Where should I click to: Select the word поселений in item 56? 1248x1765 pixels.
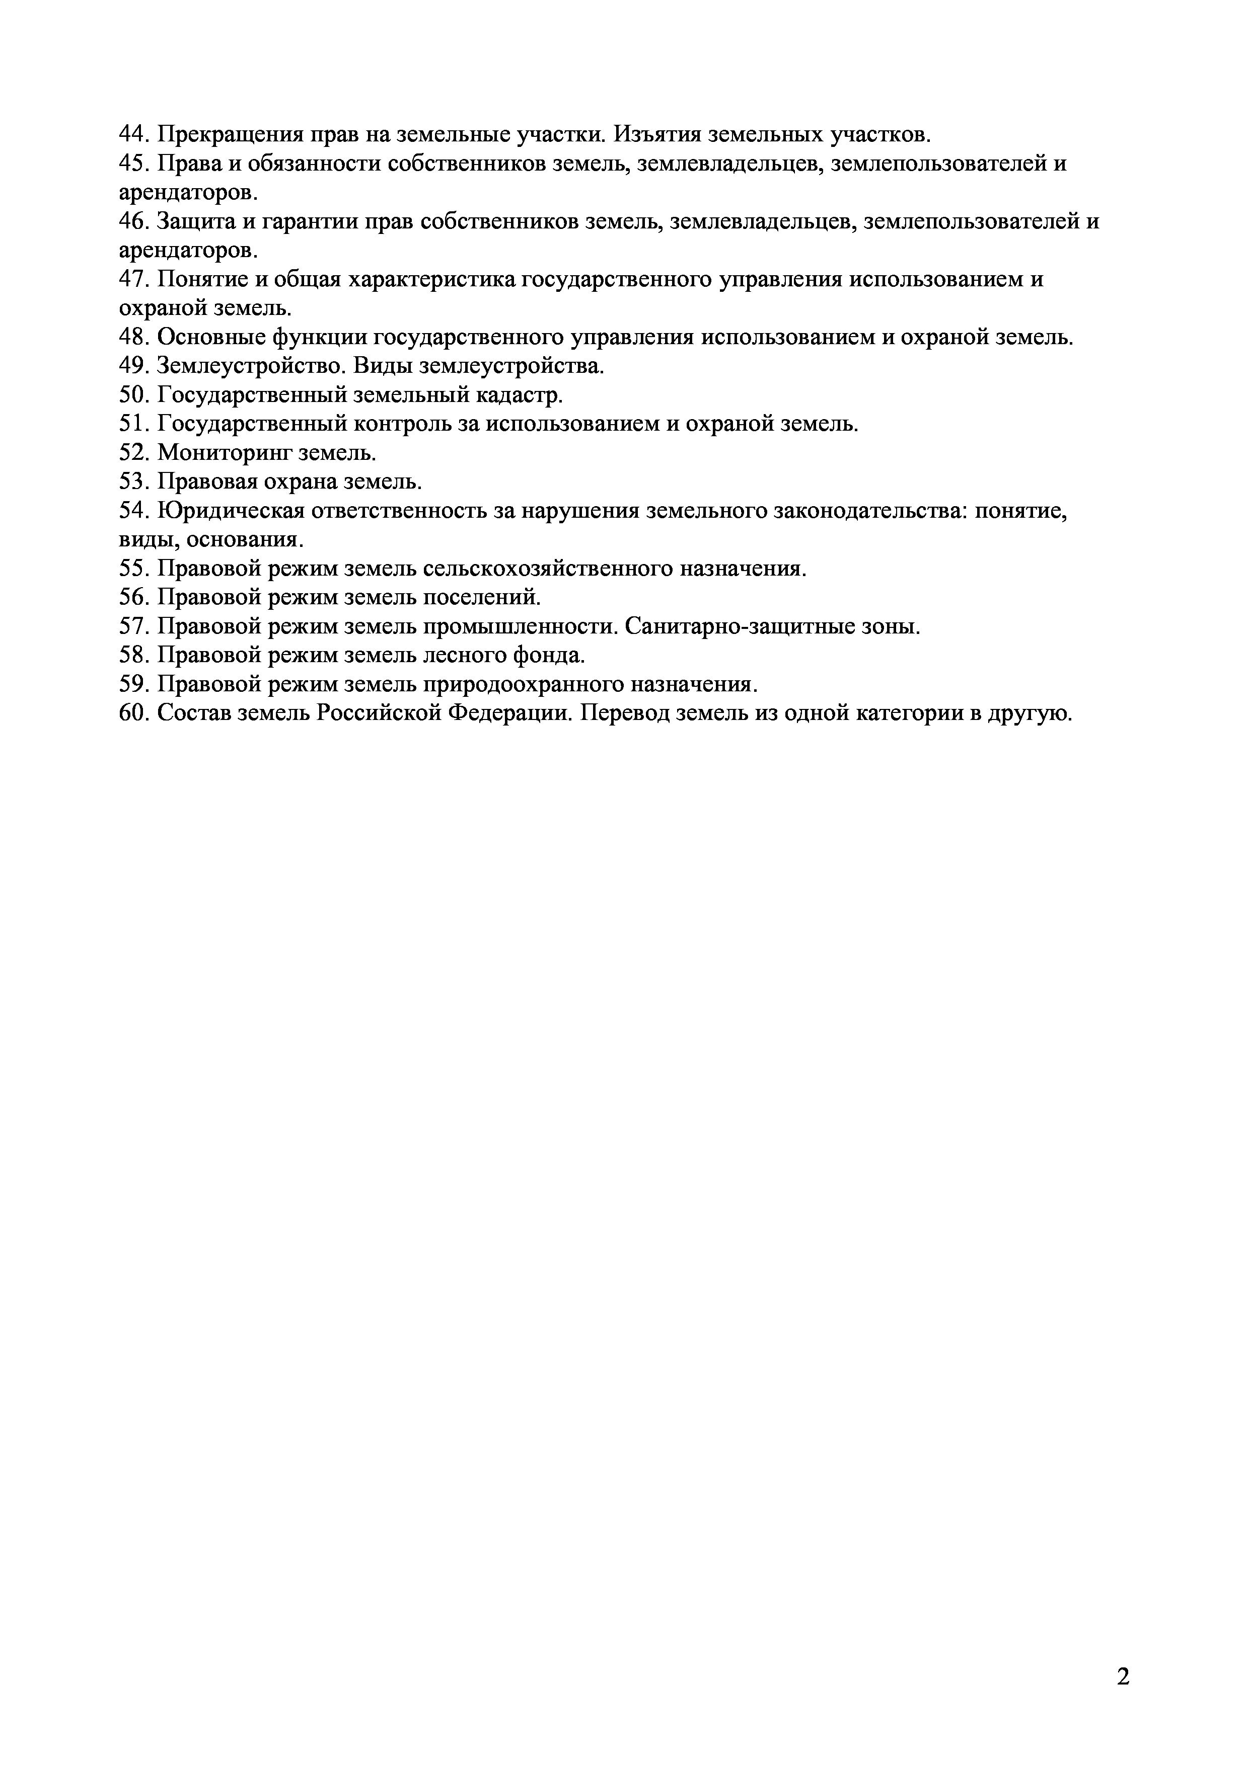[482, 597]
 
